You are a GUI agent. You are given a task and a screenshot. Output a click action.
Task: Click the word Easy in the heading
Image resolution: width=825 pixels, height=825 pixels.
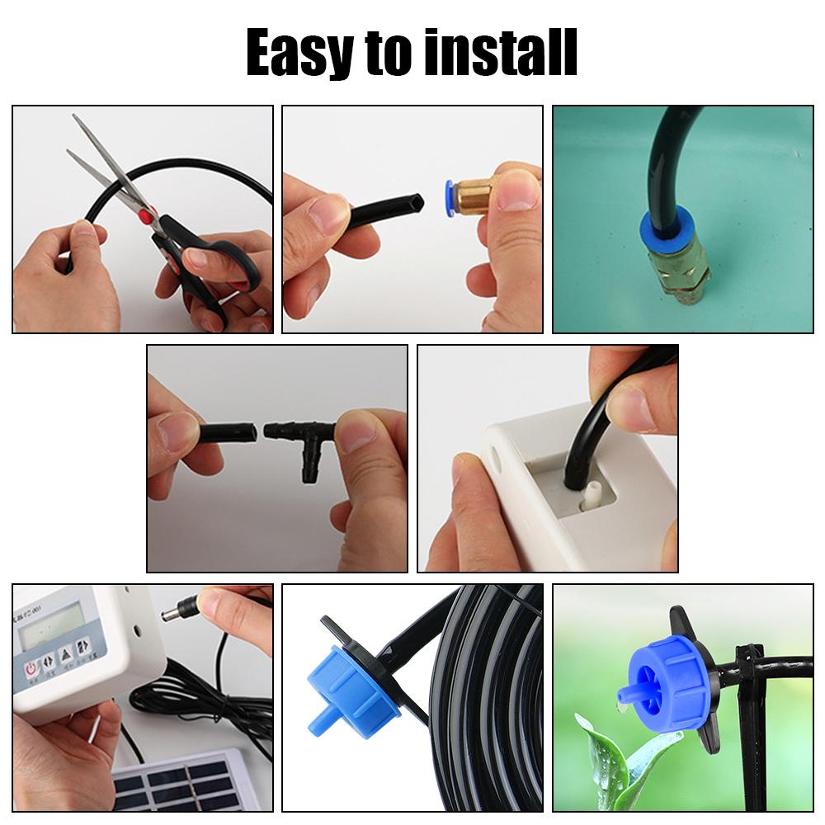[x=298, y=52]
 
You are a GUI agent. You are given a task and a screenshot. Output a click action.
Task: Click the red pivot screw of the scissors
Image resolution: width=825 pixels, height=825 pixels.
[x=146, y=217]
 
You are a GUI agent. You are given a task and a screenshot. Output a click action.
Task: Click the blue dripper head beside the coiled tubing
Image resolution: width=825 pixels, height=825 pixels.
[x=346, y=688]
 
